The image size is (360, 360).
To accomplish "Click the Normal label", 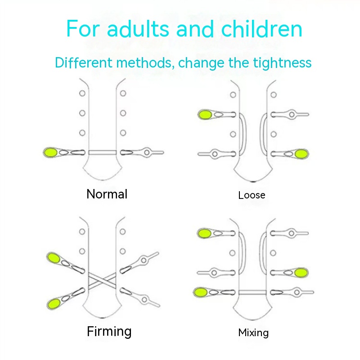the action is (107, 194).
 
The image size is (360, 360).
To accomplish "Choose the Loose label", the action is (252, 195).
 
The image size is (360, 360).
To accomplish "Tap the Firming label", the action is (109, 332).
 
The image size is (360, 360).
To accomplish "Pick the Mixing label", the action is (253, 333).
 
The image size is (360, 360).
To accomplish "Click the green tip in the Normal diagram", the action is (51, 152).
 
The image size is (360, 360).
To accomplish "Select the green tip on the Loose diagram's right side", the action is (301, 154).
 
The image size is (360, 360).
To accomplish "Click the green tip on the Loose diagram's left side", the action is (205, 114).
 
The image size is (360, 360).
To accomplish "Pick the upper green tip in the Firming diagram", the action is (55, 258).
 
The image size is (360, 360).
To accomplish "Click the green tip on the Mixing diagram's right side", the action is (300, 272).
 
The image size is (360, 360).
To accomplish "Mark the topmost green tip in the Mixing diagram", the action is (205, 233).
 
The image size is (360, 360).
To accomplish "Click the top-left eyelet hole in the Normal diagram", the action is (82, 94).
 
